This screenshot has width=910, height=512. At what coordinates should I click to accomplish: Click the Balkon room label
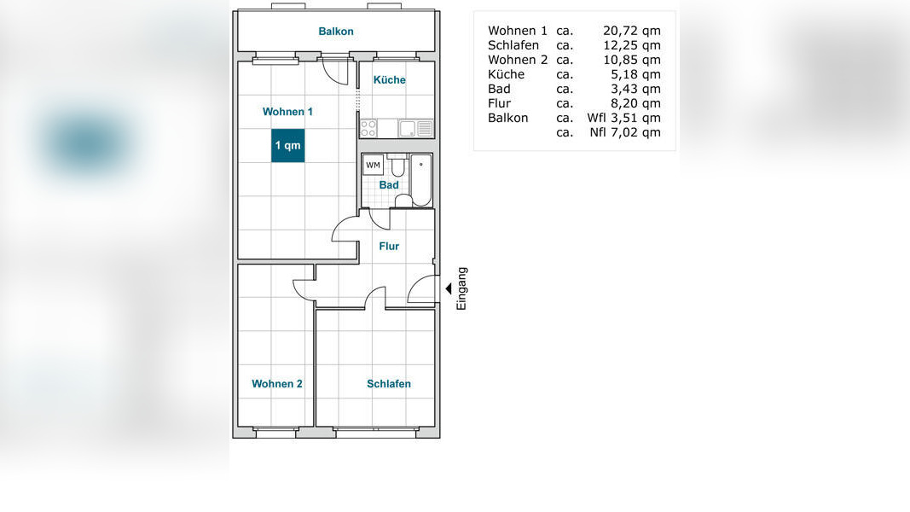[335, 32]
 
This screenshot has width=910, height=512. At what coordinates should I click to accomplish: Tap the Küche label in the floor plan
[390, 79]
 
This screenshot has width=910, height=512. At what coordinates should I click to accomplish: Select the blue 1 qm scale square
[288, 145]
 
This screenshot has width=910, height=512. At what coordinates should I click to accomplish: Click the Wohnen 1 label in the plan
[287, 112]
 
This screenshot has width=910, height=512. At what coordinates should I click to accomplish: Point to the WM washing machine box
[373, 165]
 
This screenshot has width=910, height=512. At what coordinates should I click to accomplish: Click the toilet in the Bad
[398, 166]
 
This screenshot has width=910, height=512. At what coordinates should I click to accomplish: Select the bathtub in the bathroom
[421, 180]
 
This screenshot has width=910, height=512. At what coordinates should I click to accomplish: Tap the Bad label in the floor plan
[389, 185]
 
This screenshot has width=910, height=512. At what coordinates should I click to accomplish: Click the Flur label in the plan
[389, 246]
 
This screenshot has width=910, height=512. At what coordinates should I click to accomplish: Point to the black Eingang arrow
[448, 288]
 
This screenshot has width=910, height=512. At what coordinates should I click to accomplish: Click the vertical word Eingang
[461, 288]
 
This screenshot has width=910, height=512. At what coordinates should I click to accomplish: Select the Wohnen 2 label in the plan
[277, 384]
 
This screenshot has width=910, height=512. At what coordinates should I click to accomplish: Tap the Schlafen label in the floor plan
[389, 384]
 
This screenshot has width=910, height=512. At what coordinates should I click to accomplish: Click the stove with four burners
[368, 128]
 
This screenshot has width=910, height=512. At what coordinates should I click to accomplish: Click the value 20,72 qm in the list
[631, 31]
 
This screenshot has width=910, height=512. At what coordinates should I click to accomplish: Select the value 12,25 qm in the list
[631, 45]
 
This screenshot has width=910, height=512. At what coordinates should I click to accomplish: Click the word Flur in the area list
[499, 103]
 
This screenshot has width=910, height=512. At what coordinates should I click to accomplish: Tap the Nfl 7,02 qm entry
[625, 132]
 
